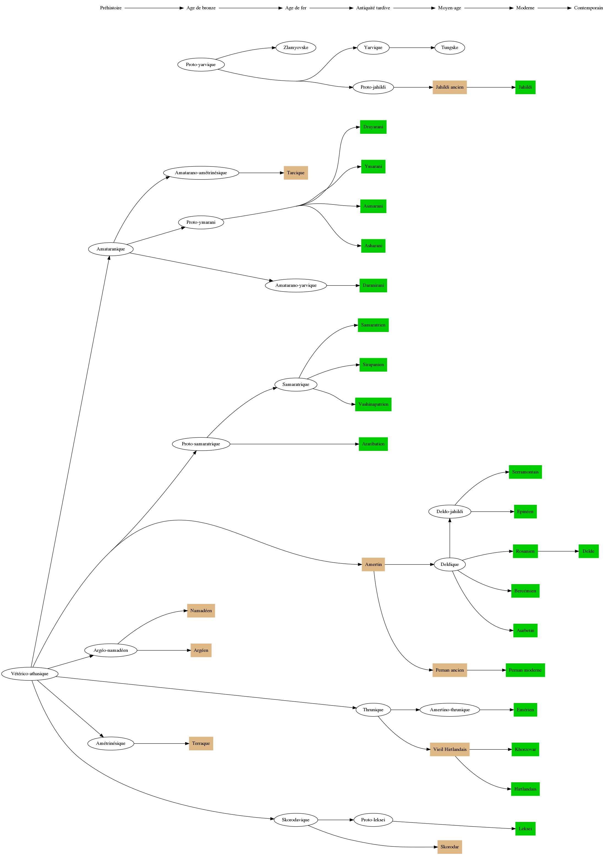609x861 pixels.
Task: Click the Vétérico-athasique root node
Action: [30, 674]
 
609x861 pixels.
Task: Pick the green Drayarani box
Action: [373, 127]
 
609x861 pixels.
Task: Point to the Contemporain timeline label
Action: [588, 8]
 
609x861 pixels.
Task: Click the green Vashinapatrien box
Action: [373, 404]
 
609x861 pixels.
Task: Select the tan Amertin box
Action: [373, 564]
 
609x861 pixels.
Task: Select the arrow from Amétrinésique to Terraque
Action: [161, 743]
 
